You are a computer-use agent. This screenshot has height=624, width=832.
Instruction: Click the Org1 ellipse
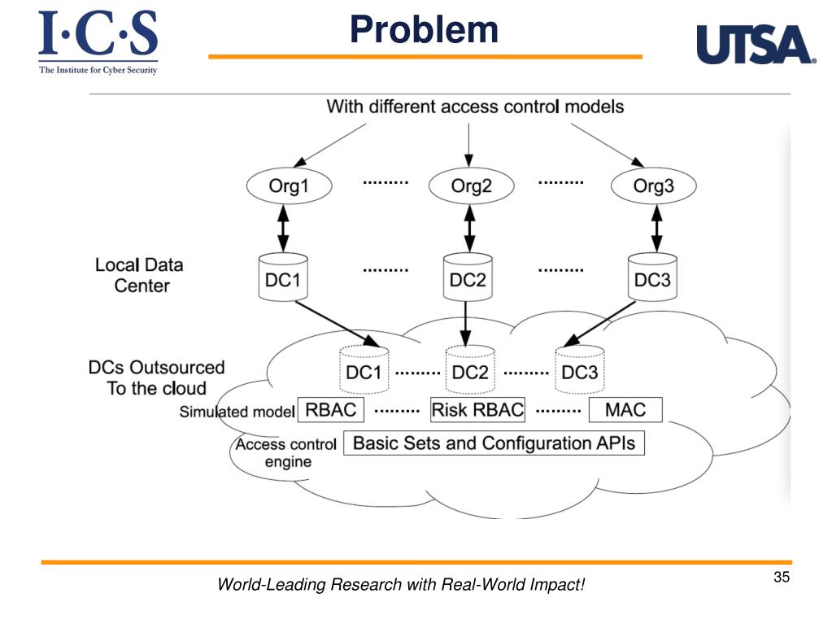click(x=290, y=185)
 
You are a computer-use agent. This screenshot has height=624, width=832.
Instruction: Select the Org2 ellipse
click(x=471, y=185)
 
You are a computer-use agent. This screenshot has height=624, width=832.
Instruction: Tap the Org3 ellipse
click(x=653, y=185)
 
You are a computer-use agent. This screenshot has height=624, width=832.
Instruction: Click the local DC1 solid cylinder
click(x=283, y=277)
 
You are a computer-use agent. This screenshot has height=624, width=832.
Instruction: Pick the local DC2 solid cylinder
click(x=468, y=277)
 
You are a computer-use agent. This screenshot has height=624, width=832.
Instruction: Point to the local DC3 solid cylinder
click(x=652, y=277)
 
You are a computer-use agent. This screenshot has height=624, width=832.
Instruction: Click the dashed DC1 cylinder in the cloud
click(x=364, y=370)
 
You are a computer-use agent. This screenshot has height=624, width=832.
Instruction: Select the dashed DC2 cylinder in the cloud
click(x=470, y=370)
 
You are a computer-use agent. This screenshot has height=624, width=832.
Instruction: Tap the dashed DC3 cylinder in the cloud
click(x=579, y=370)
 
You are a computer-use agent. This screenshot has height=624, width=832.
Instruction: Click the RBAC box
click(x=330, y=410)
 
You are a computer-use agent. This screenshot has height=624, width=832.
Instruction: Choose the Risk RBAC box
click(x=477, y=410)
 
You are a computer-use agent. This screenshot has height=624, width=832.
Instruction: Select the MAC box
click(x=625, y=410)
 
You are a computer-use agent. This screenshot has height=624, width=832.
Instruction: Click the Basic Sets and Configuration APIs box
click(x=494, y=443)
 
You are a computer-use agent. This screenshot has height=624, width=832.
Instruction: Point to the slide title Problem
click(x=424, y=29)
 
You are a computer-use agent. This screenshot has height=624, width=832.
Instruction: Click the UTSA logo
click(x=756, y=45)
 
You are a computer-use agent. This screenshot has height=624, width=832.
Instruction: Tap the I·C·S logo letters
click(x=98, y=33)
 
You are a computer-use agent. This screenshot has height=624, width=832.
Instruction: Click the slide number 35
click(x=782, y=577)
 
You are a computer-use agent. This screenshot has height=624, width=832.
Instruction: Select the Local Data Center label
click(x=140, y=275)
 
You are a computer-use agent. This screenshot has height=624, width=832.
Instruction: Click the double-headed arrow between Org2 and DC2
click(x=469, y=228)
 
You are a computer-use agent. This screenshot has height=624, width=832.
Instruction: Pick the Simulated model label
click(x=237, y=412)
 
